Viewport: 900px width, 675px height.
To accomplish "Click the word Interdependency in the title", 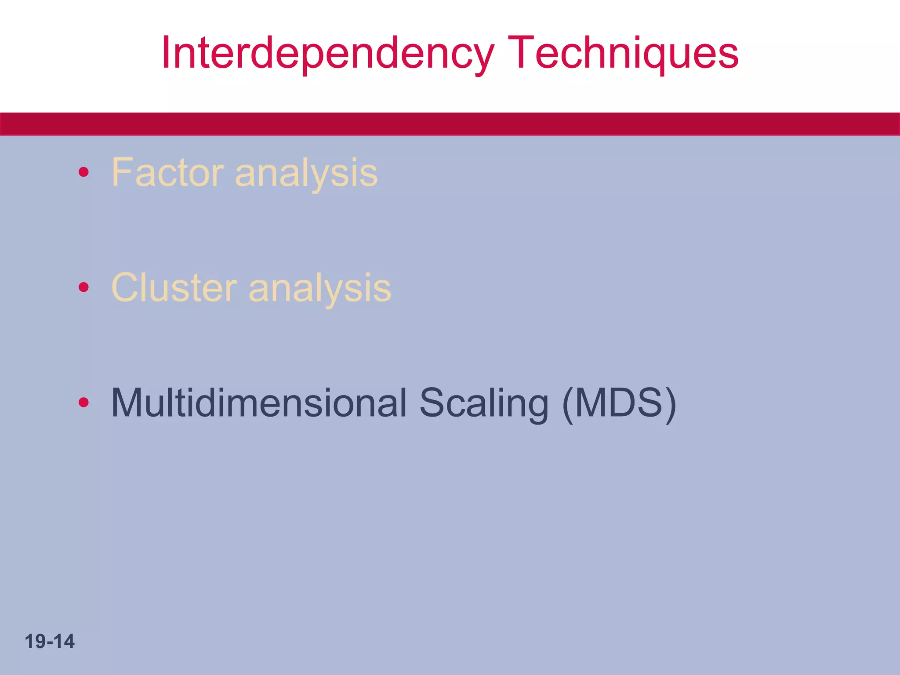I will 327,54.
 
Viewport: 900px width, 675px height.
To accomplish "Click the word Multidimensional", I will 259,403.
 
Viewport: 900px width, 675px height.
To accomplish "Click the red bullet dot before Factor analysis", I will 83,172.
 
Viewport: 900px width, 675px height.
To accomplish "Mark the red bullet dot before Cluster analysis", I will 83,287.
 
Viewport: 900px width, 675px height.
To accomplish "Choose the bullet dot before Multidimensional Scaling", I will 83,402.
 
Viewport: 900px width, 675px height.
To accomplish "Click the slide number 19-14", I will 50,642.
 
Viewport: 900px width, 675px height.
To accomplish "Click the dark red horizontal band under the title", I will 450,124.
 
